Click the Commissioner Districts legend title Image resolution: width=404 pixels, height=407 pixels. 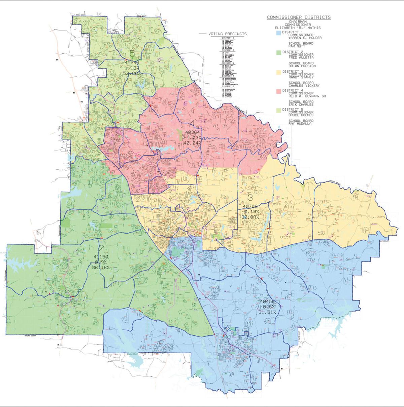pyautogui.click(x=299, y=17)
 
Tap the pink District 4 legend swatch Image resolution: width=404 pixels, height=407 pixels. pyautogui.click(x=278, y=90)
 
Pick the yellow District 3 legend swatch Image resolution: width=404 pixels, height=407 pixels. pyautogui.click(x=278, y=72)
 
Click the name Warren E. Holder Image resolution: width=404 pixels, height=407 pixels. pyautogui.click(x=303, y=38)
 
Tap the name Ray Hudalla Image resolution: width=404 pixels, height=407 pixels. pyautogui.click(x=300, y=124)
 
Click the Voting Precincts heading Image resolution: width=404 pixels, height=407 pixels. pyautogui.click(x=227, y=34)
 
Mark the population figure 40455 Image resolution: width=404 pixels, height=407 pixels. pyautogui.click(x=268, y=301)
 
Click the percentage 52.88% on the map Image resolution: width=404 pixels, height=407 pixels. pyautogui.click(x=132, y=73)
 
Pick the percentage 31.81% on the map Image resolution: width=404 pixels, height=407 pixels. pyautogui.click(x=268, y=312)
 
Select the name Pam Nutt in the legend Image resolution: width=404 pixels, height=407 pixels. pyautogui.click(x=296, y=46)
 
